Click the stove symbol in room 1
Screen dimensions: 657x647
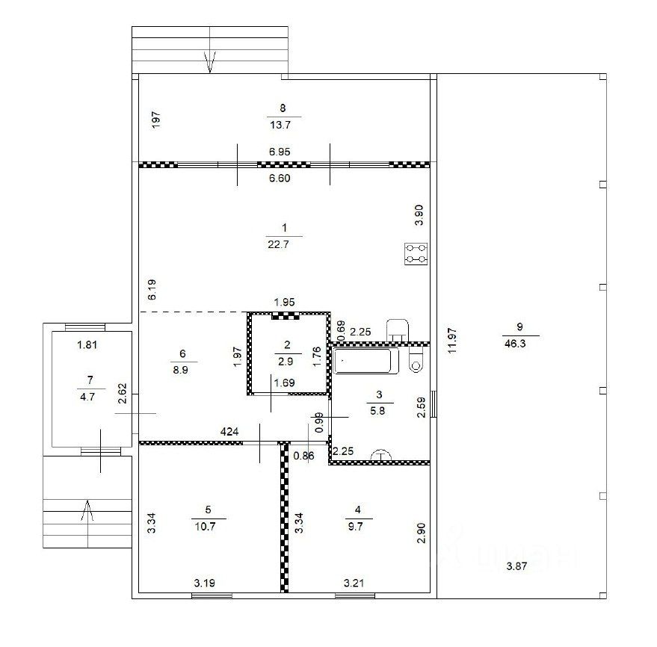pos(416,254)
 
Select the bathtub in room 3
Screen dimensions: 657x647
pos(365,361)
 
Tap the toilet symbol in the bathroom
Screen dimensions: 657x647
pos(416,362)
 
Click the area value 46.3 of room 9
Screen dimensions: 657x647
pos(515,344)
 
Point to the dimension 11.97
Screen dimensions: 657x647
pos(451,341)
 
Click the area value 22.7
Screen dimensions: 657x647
pos(278,244)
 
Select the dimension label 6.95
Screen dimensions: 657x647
pos(280,152)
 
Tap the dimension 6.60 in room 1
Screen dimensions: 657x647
pos(280,179)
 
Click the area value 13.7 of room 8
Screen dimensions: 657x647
pos(280,125)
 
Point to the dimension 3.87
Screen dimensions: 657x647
pos(516,566)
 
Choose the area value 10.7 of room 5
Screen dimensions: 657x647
pos(206,527)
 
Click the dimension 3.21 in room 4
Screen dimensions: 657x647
pos(354,583)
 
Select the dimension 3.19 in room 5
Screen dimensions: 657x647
pos(205,583)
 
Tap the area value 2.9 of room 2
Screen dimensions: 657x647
pos(286,362)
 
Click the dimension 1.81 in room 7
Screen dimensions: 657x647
pos(87,344)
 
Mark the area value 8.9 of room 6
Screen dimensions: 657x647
pos(181,370)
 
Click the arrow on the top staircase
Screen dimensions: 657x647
pos(210,61)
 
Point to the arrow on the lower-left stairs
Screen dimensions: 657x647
pos(87,510)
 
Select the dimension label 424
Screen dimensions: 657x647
pos(229,432)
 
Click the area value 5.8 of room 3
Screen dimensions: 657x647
pos(377,411)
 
